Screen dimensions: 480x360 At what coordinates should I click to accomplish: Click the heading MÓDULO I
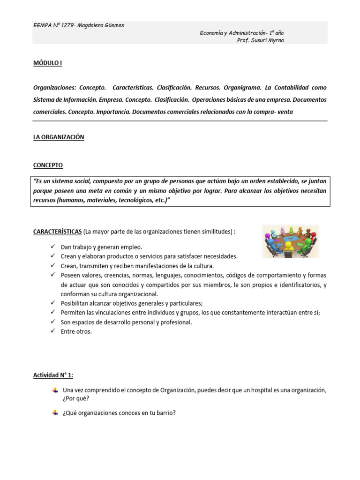click(x=47, y=63)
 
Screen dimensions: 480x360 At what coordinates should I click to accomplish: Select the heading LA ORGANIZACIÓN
click(x=59, y=137)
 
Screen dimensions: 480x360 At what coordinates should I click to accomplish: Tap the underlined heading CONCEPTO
click(x=48, y=165)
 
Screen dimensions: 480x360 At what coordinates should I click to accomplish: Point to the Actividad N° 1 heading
click(x=53, y=375)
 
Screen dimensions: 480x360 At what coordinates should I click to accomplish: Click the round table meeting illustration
click(x=290, y=241)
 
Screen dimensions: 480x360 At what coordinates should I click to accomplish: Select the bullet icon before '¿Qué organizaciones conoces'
click(x=55, y=412)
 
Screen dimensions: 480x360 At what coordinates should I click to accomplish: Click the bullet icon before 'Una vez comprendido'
click(x=55, y=390)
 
